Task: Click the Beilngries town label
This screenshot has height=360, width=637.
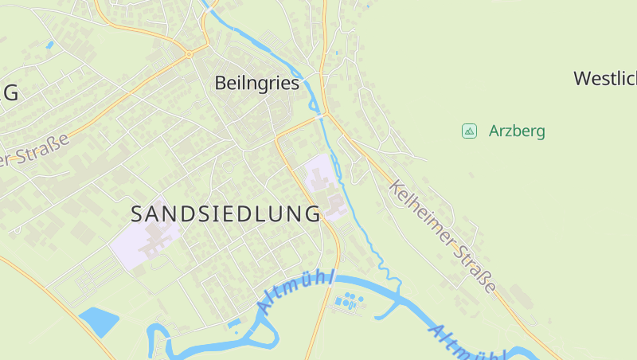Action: [x=257, y=83]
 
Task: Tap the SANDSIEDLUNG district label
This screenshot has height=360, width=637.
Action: [x=225, y=213]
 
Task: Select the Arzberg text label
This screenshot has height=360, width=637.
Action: [x=517, y=131]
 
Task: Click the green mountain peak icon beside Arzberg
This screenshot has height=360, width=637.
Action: [x=469, y=131]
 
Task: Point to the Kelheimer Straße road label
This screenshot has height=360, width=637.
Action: [x=444, y=237]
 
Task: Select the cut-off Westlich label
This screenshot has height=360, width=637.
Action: [x=605, y=78]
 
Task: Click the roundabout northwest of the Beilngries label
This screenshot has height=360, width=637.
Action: [x=189, y=54]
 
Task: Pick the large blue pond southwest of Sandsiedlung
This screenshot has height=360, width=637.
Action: [x=98, y=320]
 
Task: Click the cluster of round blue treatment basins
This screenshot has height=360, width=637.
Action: [x=347, y=302]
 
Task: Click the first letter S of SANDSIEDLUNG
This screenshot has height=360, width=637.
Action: [x=137, y=213]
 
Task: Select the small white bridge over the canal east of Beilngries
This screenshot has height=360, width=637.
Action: [x=322, y=116]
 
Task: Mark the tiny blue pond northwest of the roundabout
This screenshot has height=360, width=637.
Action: [x=50, y=45]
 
